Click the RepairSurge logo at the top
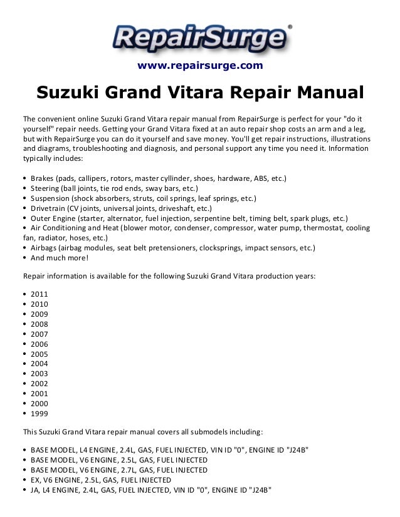tap(199, 37)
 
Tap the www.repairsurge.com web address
tap(200, 66)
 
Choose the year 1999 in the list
tap(38, 414)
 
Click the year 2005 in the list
tap(38, 354)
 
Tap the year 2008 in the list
tap(38, 324)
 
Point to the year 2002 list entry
tap(38, 384)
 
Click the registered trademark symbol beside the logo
tap(289, 27)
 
